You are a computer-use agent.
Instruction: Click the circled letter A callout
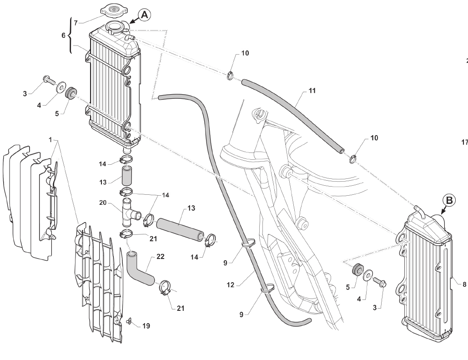[x=145, y=15]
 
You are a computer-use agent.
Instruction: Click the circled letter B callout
[x=448, y=200]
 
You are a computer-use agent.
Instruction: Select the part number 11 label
[x=312, y=91]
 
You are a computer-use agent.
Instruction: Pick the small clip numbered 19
[x=129, y=321]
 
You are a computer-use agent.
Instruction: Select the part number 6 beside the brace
[x=64, y=35]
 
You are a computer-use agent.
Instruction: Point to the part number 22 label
[x=160, y=257]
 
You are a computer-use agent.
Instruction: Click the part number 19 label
[x=146, y=326]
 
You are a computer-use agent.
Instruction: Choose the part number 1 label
[x=51, y=139]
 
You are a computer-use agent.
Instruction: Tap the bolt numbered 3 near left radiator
[x=46, y=81]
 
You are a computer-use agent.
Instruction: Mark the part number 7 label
[x=76, y=22]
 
